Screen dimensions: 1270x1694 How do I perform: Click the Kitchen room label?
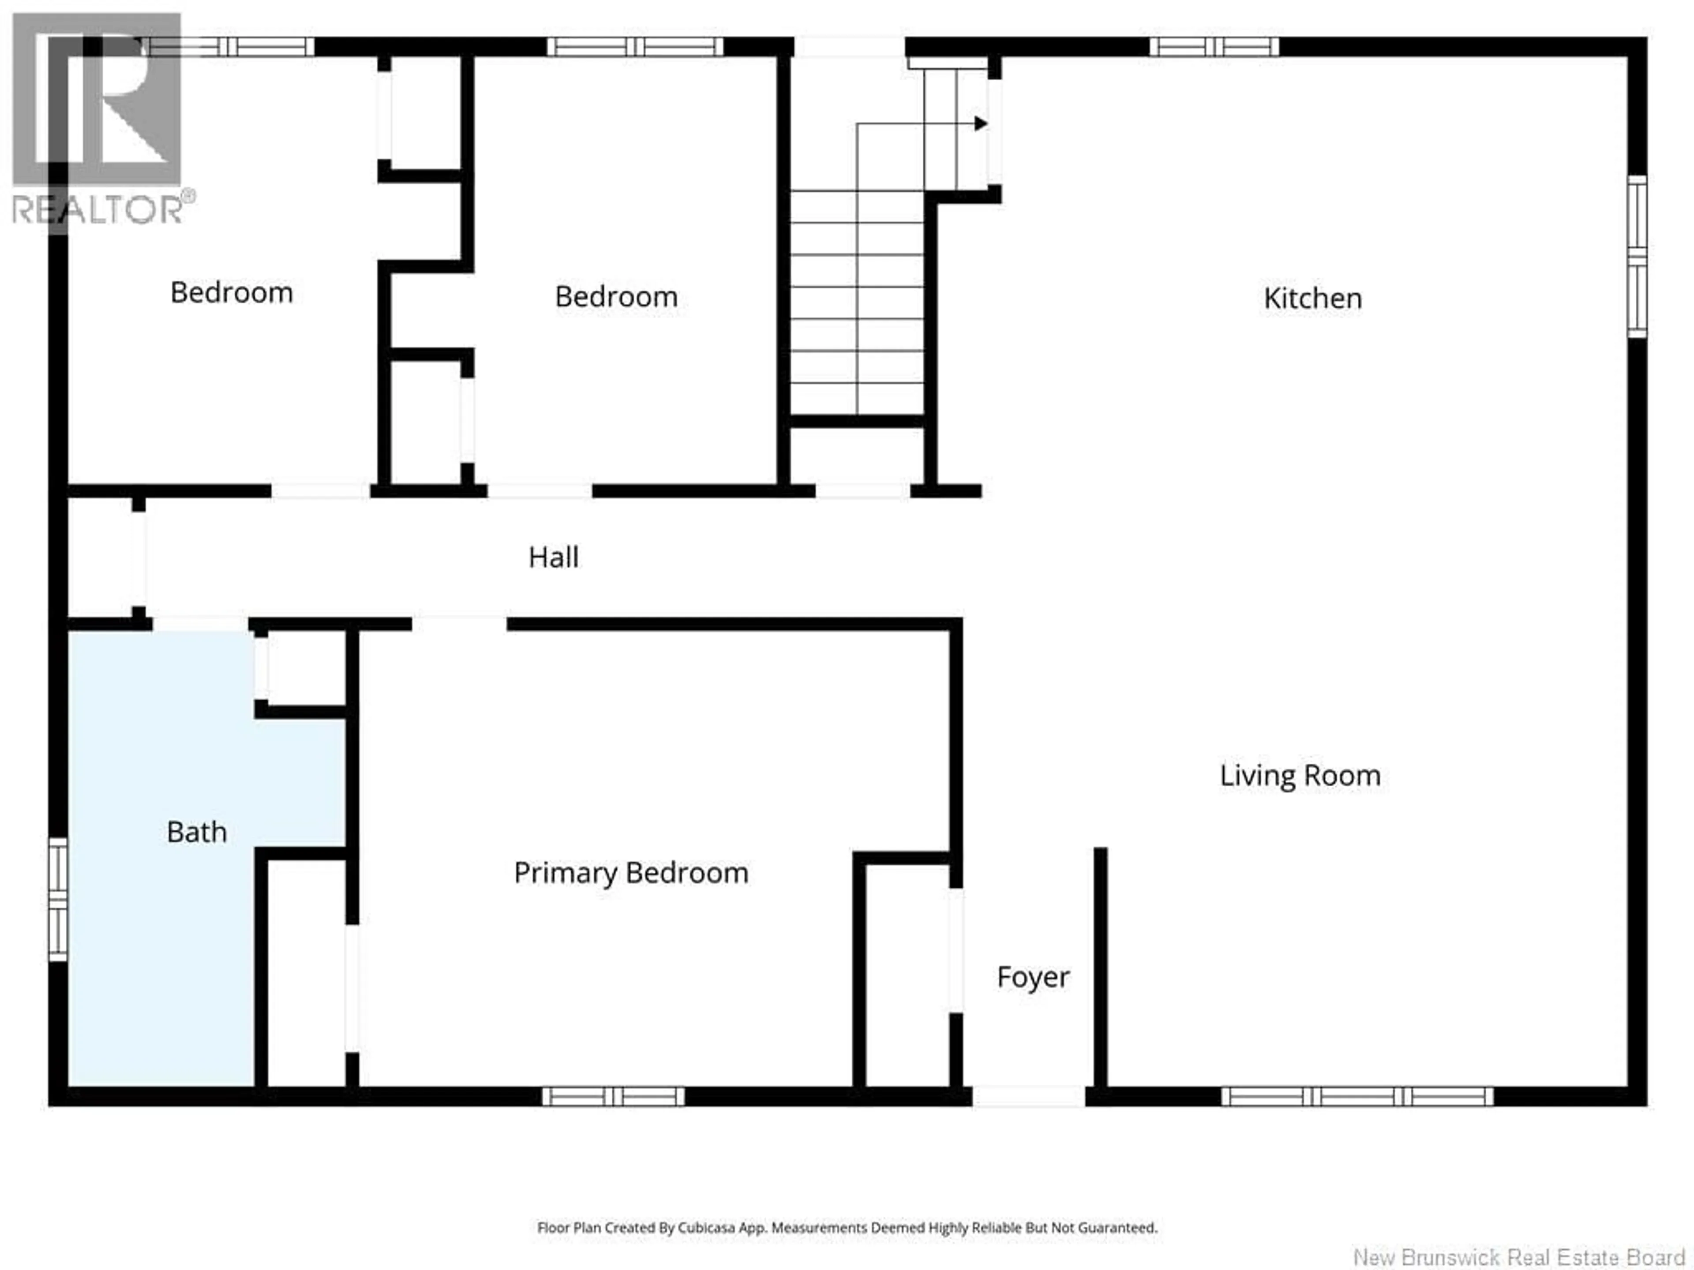1312,299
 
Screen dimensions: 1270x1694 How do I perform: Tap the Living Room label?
1300,776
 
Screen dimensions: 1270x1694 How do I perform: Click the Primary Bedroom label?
630,873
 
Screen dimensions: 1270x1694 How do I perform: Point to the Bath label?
197,832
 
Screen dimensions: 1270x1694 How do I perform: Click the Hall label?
553,557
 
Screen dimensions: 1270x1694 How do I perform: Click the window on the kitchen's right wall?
1637,257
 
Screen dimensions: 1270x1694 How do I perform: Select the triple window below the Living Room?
1356,1096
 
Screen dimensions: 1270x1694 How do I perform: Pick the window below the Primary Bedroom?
614,1096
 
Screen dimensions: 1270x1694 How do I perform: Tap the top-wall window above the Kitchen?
1214,47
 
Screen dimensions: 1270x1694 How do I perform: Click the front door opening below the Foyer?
1028,1096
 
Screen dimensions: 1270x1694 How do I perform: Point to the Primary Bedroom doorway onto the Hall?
460,624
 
